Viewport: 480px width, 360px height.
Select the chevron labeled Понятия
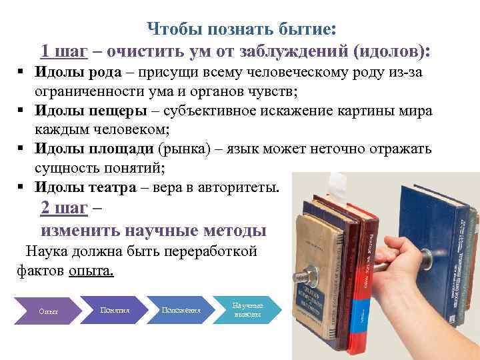114,310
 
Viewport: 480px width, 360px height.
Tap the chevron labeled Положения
181,310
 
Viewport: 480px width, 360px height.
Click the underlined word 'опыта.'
91,271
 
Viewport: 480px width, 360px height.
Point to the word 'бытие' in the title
307,29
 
